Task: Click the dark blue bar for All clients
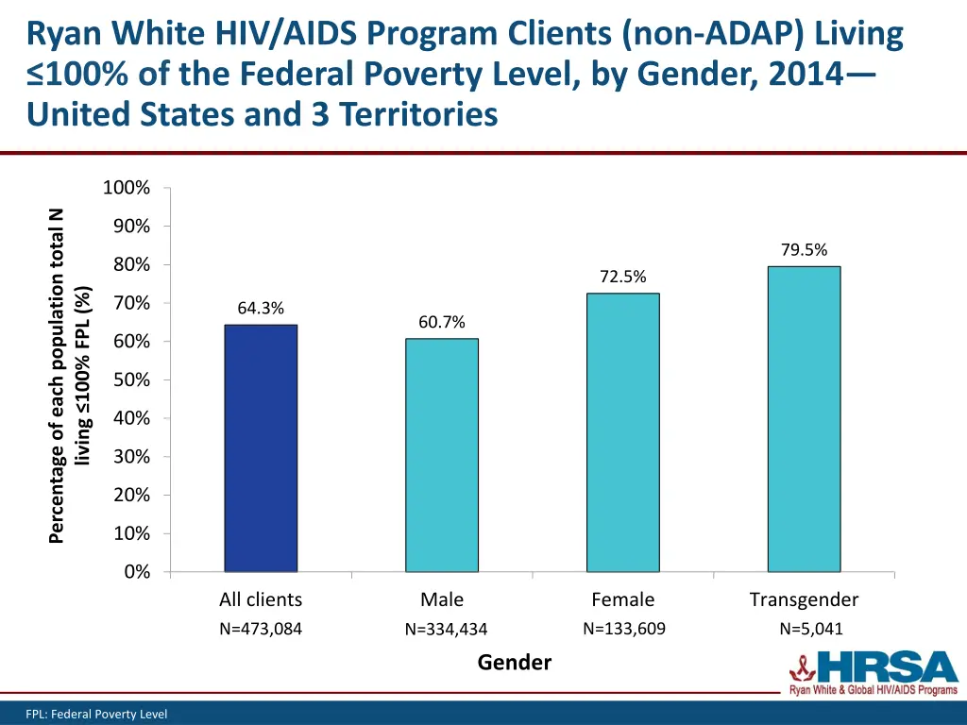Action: coord(261,448)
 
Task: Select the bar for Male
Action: coord(442,455)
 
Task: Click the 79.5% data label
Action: coord(804,250)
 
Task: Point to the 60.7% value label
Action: coord(442,323)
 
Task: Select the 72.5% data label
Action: coord(622,277)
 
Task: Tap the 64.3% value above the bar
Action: coord(261,309)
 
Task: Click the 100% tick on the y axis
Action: coord(127,188)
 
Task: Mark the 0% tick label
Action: coord(137,572)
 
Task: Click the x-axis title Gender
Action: coord(514,663)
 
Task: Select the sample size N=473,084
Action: coord(261,630)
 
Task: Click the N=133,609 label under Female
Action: coord(623,629)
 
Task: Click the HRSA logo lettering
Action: coord(889,668)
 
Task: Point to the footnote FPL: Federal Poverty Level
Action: coord(96,715)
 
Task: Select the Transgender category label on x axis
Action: coord(804,599)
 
